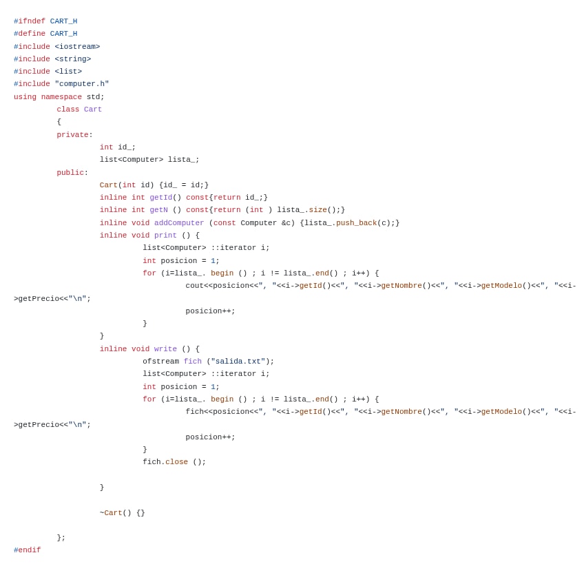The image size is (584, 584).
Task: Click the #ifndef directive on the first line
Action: point(30,21)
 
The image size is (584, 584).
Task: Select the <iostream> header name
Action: point(77,47)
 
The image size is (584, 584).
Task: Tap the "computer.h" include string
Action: point(82,84)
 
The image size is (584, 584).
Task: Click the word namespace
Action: point(61,97)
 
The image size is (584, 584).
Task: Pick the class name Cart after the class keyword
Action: point(93,109)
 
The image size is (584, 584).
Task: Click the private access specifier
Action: point(72,135)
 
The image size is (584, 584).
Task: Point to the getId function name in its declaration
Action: point(161,198)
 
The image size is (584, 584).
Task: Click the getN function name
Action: point(158,210)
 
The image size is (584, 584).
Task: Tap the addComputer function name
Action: point(179,223)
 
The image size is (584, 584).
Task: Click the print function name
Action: point(165,236)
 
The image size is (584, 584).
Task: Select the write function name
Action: point(165,349)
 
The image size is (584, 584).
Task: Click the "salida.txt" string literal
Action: point(238,362)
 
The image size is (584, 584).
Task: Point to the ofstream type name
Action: point(160,362)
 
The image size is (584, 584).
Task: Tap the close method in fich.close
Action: point(176,462)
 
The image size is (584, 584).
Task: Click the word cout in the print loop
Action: point(194,286)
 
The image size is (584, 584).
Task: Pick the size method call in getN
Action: point(317,210)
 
